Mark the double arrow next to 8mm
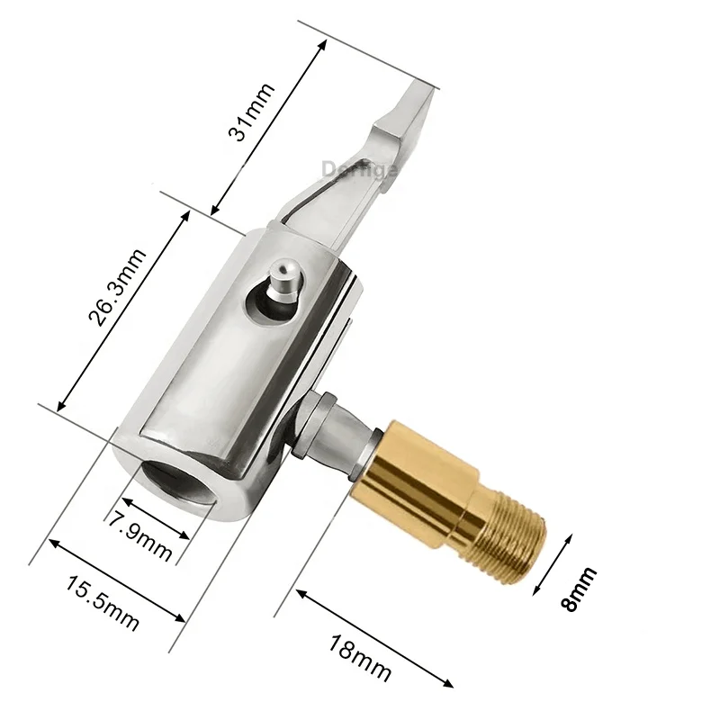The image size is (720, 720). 553,563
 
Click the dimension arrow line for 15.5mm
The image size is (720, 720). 116,580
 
